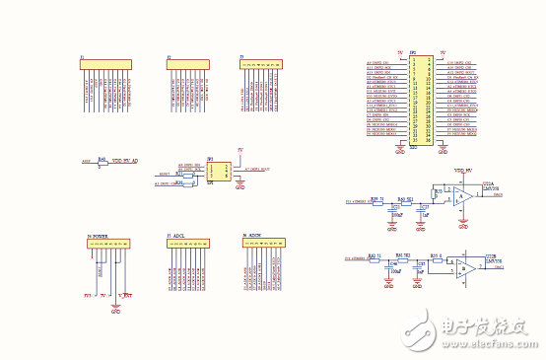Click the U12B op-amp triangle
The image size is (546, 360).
[463, 268]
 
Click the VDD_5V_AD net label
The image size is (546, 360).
[131, 160]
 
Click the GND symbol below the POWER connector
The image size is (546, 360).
[115, 309]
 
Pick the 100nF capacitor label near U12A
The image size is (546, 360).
[397, 214]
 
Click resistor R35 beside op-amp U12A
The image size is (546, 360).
[439, 191]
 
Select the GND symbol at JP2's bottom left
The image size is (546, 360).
[399, 151]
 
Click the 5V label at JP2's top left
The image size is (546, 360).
[399, 52]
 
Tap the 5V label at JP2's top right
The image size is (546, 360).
[443, 52]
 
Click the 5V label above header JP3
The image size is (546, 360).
[240, 150]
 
